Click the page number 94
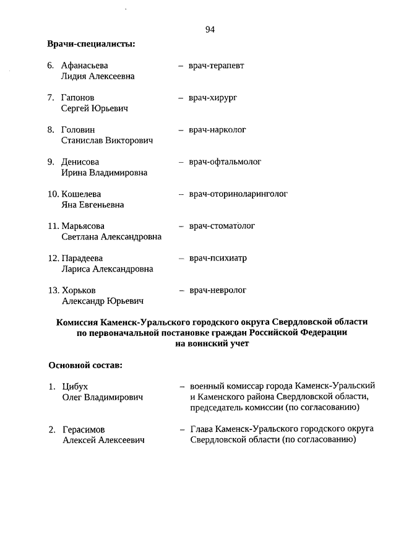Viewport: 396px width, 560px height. [209, 30]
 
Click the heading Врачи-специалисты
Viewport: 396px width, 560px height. [92, 44]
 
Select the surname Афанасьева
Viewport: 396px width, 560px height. [88, 66]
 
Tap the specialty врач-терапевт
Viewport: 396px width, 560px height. [216, 66]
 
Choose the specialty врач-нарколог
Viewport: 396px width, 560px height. [217, 130]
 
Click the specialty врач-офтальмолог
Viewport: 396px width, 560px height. [225, 162]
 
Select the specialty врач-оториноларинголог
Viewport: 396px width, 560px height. [238, 194]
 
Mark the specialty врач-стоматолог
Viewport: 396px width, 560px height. [222, 226]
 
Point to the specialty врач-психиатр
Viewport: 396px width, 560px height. [218, 258]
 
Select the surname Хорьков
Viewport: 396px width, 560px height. [79, 290]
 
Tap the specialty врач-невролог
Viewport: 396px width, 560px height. [218, 290]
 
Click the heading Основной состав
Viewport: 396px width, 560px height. [85, 365]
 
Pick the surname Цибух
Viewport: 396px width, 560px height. [75, 386]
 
